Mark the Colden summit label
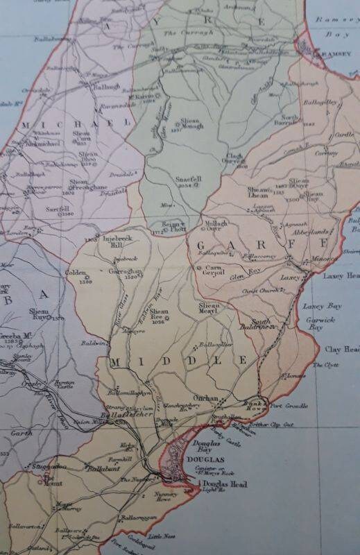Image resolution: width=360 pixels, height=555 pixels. (x=76, y=273)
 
